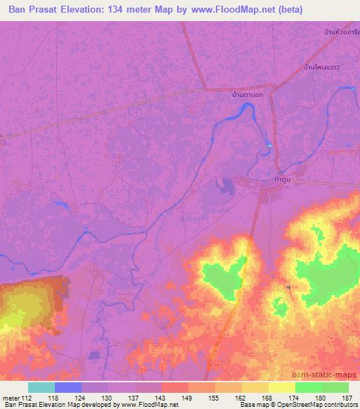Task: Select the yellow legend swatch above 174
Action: (282, 387)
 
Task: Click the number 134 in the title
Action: (139, 10)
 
